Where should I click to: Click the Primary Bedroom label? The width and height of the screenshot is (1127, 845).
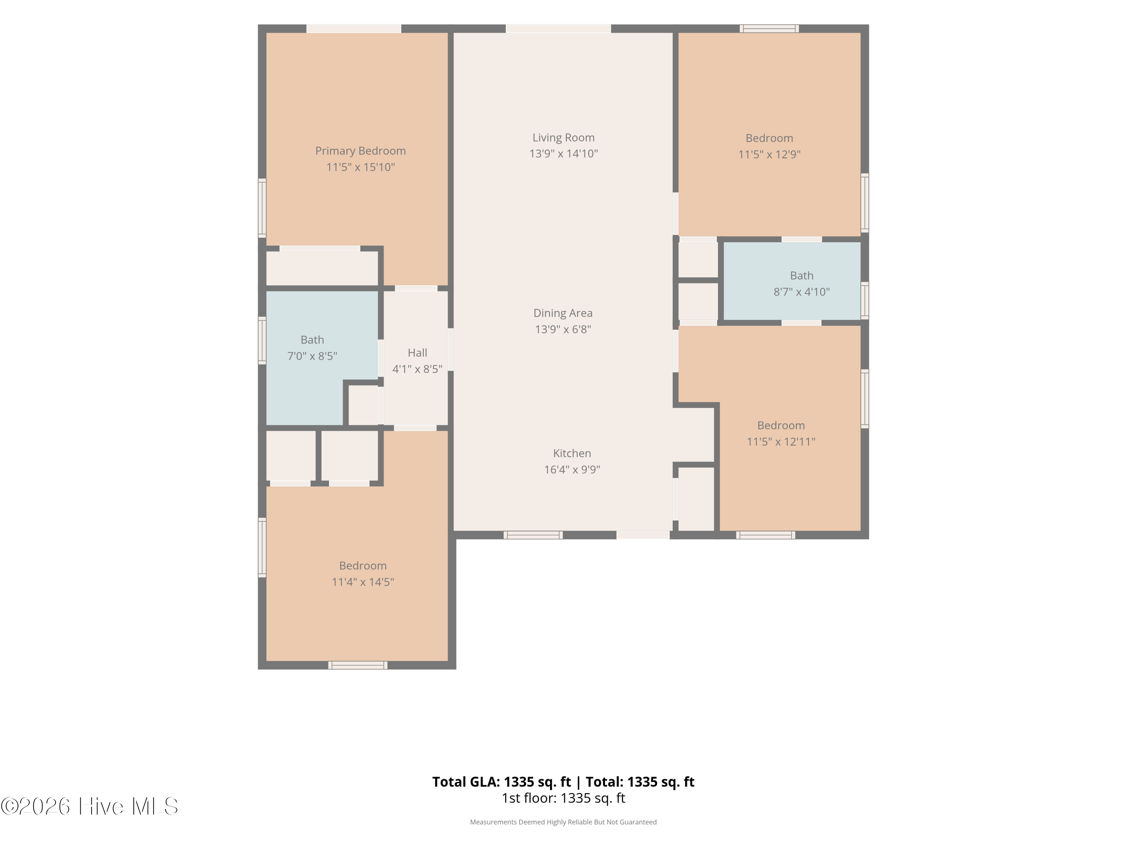(360, 151)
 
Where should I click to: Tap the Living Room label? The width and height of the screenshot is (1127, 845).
(563, 137)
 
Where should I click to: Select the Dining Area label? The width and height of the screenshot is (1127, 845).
(563, 313)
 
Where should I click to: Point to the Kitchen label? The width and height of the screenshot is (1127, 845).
(572, 453)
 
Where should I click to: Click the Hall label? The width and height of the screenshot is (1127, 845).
(417, 353)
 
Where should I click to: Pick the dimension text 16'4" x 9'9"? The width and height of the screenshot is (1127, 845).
(572, 469)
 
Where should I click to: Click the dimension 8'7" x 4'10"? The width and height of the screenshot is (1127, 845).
(801, 292)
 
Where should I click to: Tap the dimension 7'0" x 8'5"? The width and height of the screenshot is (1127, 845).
(312, 356)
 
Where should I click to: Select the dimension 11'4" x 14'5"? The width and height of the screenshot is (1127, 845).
(363, 582)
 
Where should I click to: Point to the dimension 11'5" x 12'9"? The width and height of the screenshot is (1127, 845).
(769, 154)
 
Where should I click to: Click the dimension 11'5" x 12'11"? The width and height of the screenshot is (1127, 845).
(781, 442)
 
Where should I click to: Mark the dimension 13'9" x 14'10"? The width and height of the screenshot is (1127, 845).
(563, 153)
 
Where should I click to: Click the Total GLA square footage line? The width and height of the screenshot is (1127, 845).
(563, 782)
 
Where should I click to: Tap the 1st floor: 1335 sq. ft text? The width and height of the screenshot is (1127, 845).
(563, 798)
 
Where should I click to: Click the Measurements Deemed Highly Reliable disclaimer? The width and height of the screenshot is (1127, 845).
(563, 822)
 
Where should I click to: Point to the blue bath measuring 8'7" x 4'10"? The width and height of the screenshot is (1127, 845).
(792, 281)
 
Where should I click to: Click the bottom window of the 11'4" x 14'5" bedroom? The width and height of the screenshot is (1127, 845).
(358, 665)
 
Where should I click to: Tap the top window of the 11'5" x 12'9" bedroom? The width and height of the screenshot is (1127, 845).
(769, 29)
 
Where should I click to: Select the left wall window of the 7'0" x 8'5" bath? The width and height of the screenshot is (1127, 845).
(262, 340)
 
